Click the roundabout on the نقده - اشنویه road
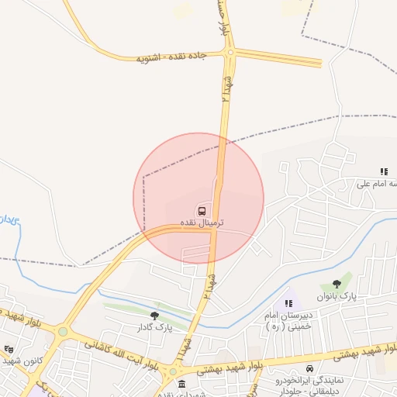(x=230, y=52)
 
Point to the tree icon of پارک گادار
(x=154, y=316)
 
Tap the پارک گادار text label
(x=154, y=327)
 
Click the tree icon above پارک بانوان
(x=336, y=285)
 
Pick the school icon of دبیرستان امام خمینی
(x=288, y=303)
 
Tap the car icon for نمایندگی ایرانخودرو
(x=310, y=368)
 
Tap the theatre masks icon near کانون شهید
(x=9, y=350)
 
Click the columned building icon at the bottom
(x=181, y=385)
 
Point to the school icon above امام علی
(x=383, y=171)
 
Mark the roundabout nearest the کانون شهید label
(x=63, y=332)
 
